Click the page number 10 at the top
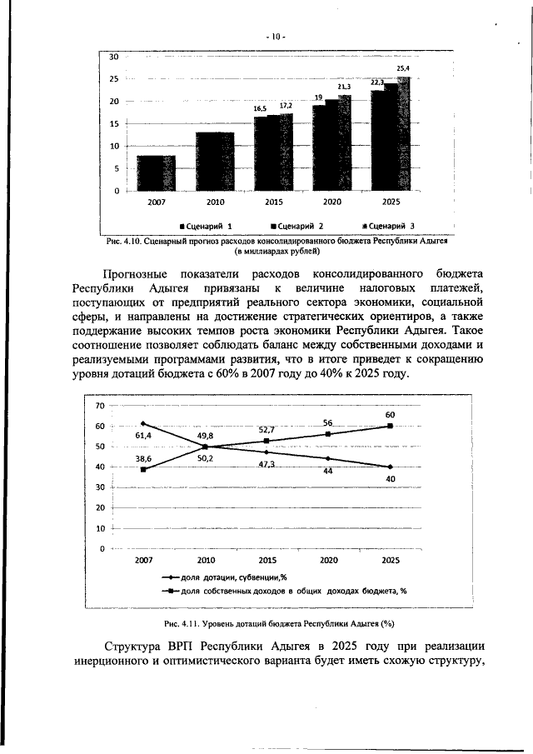click(x=276, y=36)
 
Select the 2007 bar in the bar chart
click(x=156, y=172)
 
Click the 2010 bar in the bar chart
click(x=215, y=161)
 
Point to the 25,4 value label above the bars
click(x=403, y=67)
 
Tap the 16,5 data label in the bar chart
click(x=261, y=108)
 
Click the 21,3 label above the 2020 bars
click(x=344, y=87)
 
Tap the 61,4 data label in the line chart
click(x=143, y=435)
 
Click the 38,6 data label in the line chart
click(x=143, y=459)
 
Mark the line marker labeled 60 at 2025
click(x=390, y=426)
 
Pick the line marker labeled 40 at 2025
click(x=390, y=467)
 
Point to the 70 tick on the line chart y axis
click(x=100, y=406)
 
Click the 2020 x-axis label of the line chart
click(x=328, y=561)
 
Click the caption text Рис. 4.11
click(x=181, y=624)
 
